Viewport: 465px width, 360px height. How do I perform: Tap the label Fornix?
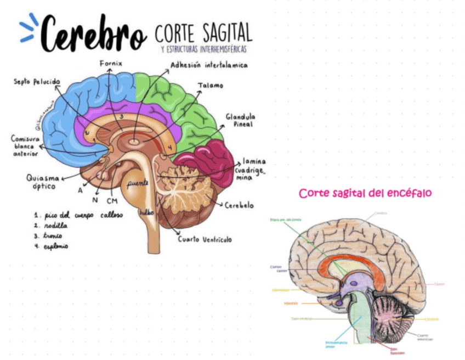click(x=111, y=64)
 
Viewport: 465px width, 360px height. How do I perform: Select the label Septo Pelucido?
click(x=37, y=82)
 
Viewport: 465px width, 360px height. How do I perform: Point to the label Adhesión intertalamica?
click(x=209, y=65)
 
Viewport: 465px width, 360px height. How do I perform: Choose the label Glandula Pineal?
click(x=240, y=120)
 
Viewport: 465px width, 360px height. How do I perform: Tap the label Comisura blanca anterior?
click(x=25, y=146)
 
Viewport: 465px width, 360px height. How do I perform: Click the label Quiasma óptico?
click(x=41, y=182)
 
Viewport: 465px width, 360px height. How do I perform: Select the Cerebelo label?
click(x=239, y=205)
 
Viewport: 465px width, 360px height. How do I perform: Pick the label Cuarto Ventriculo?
click(x=205, y=239)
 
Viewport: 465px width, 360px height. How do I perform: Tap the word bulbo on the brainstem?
click(x=146, y=212)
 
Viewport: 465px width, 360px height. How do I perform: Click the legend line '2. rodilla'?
click(x=52, y=225)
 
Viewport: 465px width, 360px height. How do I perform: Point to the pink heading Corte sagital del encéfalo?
click(x=365, y=193)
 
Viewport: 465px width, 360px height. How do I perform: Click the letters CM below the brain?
click(x=112, y=200)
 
